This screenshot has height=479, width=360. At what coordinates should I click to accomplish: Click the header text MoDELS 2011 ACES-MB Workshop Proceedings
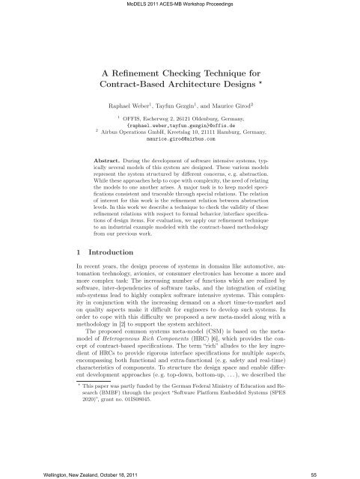180,4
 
